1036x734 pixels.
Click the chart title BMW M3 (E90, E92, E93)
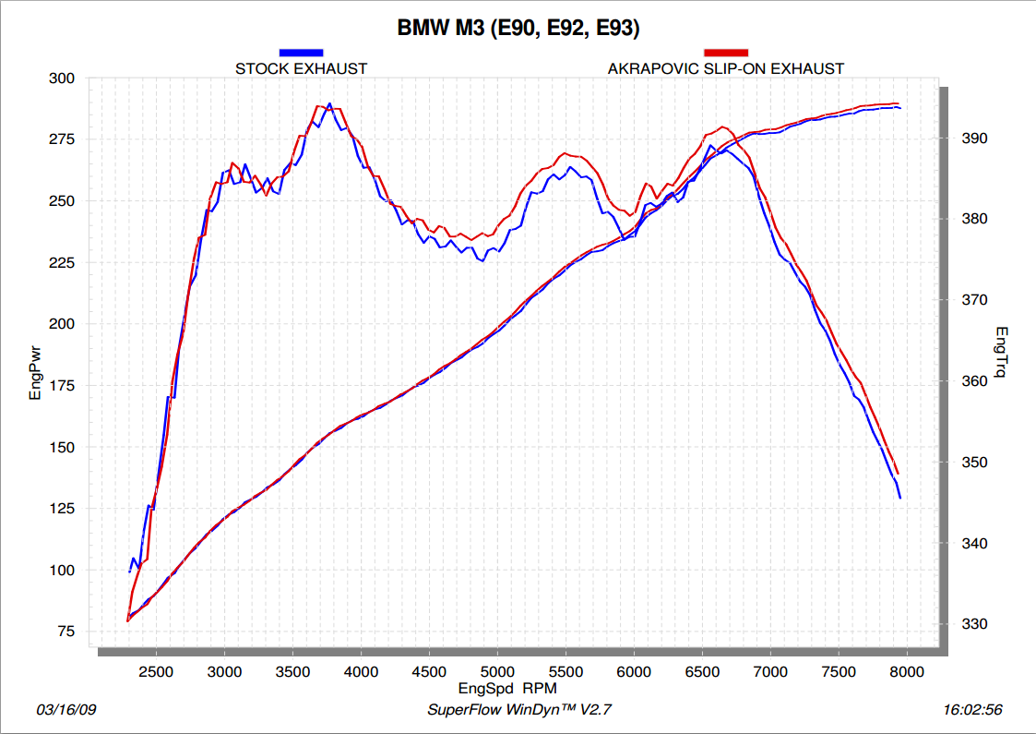tap(518, 28)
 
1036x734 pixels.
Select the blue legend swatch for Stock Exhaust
tap(301, 53)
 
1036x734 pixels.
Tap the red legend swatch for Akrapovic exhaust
tap(725, 53)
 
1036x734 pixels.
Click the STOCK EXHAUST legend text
tap(301, 68)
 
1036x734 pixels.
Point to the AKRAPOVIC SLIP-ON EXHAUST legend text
tap(725, 68)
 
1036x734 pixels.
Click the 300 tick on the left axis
tap(62, 78)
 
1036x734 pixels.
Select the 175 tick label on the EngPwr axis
tap(62, 386)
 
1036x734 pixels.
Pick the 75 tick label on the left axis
tap(65, 632)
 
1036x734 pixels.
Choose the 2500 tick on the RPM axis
tap(155, 672)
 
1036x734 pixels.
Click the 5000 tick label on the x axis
tap(496, 672)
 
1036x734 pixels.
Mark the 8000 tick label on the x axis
tap(906, 672)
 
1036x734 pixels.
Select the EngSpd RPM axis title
tap(507, 689)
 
